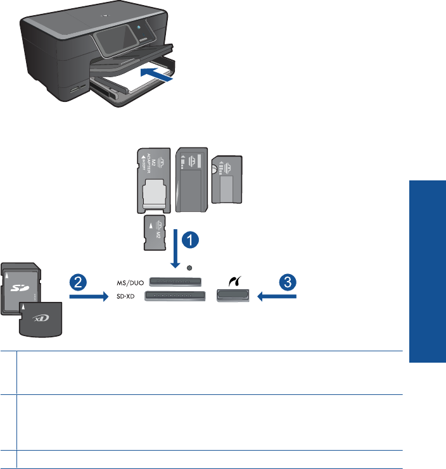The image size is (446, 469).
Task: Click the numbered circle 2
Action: [x=77, y=283]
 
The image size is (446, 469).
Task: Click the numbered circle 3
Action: [x=290, y=283]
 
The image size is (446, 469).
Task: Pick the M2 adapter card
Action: [x=151, y=180]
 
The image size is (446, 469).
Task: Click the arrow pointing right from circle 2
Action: [x=87, y=296]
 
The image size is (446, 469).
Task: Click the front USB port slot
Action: [x=233, y=296]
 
